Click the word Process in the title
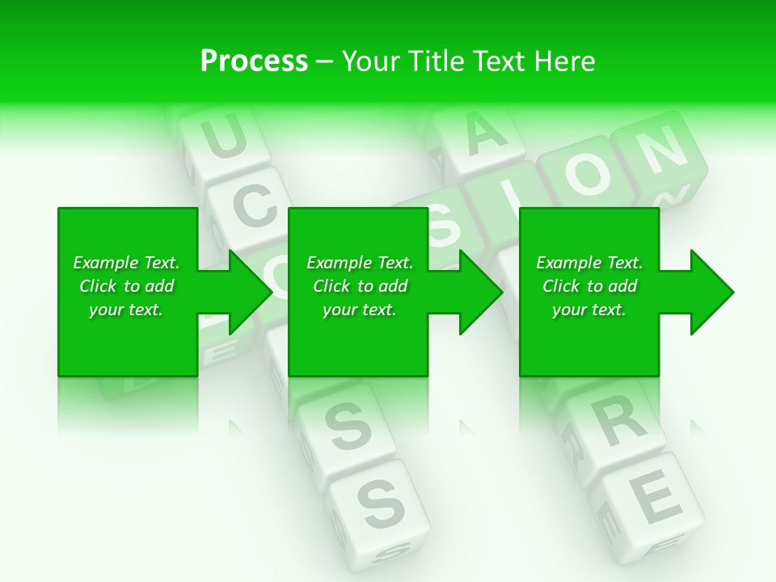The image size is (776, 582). click(x=254, y=61)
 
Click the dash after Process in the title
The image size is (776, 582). click(x=325, y=62)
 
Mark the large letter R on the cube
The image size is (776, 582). click(x=622, y=421)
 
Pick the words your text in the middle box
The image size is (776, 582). click(x=359, y=310)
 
